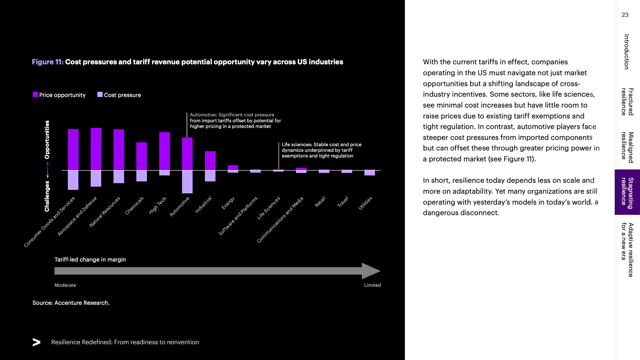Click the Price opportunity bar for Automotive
[x=187, y=154]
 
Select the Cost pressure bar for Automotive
[x=187, y=182]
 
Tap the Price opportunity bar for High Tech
[x=164, y=151]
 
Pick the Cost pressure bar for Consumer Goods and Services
[x=73, y=180]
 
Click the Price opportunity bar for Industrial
[x=210, y=161]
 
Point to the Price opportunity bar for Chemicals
[x=142, y=156]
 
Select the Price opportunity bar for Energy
[x=233, y=168]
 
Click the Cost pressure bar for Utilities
[x=370, y=173]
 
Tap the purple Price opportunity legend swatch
[x=35, y=95]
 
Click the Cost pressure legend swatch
[x=100, y=95]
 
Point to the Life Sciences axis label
[x=269, y=208]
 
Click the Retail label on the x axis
[x=320, y=202]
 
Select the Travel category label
[x=343, y=202]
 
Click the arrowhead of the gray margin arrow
[x=370, y=271]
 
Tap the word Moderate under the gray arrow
[x=65, y=285]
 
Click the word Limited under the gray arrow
[x=372, y=285]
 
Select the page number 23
[x=625, y=15]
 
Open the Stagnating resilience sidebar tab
[x=627, y=192]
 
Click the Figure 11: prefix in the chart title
[x=47, y=62]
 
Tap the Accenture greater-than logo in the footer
[x=37, y=342]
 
